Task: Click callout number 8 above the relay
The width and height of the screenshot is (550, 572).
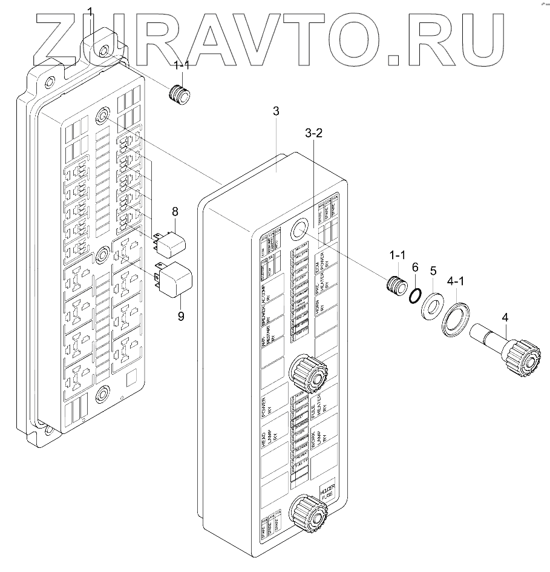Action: [x=174, y=212]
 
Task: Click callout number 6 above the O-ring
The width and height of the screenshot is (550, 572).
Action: [x=414, y=267]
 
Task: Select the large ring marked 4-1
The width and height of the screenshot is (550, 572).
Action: [x=457, y=317]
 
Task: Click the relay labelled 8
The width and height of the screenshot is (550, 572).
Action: [x=172, y=240]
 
